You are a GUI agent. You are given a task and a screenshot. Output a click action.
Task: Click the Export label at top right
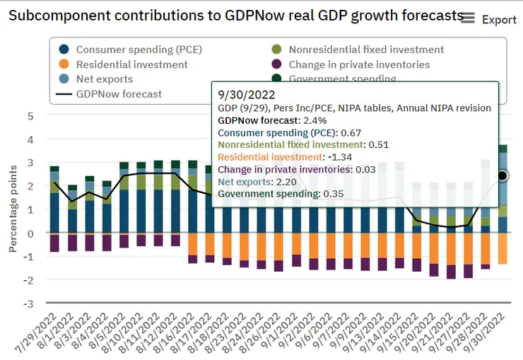point(499,19)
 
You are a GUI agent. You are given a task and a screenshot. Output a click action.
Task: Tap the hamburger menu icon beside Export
point(467,18)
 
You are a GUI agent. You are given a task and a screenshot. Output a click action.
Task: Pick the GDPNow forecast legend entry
point(111,93)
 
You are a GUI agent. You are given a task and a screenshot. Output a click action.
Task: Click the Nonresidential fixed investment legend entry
point(358,50)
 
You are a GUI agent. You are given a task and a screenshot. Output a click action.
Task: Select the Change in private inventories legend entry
point(359,64)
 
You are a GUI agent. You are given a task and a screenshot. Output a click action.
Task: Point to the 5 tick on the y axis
point(30,115)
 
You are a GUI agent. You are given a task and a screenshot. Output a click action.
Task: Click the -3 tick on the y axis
point(28,303)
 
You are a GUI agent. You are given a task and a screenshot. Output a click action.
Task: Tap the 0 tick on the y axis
point(30,233)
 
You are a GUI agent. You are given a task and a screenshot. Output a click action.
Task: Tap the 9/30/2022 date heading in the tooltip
point(242,94)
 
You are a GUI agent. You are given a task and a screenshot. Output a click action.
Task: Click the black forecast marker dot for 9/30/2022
point(503,175)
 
